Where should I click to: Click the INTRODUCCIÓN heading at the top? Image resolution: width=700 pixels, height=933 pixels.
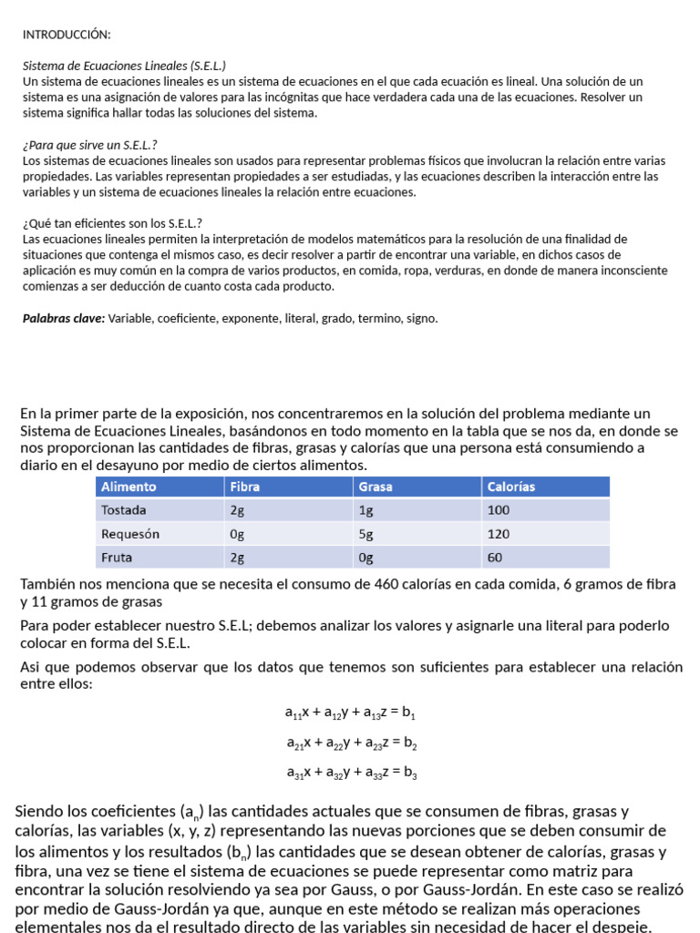click(x=67, y=35)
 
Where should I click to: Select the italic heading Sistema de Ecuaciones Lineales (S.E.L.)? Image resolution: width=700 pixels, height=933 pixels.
click(x=124, y=66)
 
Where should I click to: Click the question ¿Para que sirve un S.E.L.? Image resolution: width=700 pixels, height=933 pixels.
click(x=89, y=145)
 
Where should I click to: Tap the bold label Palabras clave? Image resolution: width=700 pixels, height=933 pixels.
click(x=64, y=318)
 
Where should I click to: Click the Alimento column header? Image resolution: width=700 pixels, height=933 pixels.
click(x=129, y=487)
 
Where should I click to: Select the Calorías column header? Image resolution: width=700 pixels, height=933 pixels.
click(x=512, y=487)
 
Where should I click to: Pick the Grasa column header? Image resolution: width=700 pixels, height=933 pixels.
click(x=376, y=487)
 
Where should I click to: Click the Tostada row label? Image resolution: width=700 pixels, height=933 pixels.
click(x=124, y=510)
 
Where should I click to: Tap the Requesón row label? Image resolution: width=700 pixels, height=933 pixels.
click(x=130, y=534)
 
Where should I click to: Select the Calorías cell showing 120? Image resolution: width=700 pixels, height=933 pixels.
click(x=499, y=534)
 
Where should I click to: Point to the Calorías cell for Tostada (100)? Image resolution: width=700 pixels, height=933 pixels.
click(x=499, y=510)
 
